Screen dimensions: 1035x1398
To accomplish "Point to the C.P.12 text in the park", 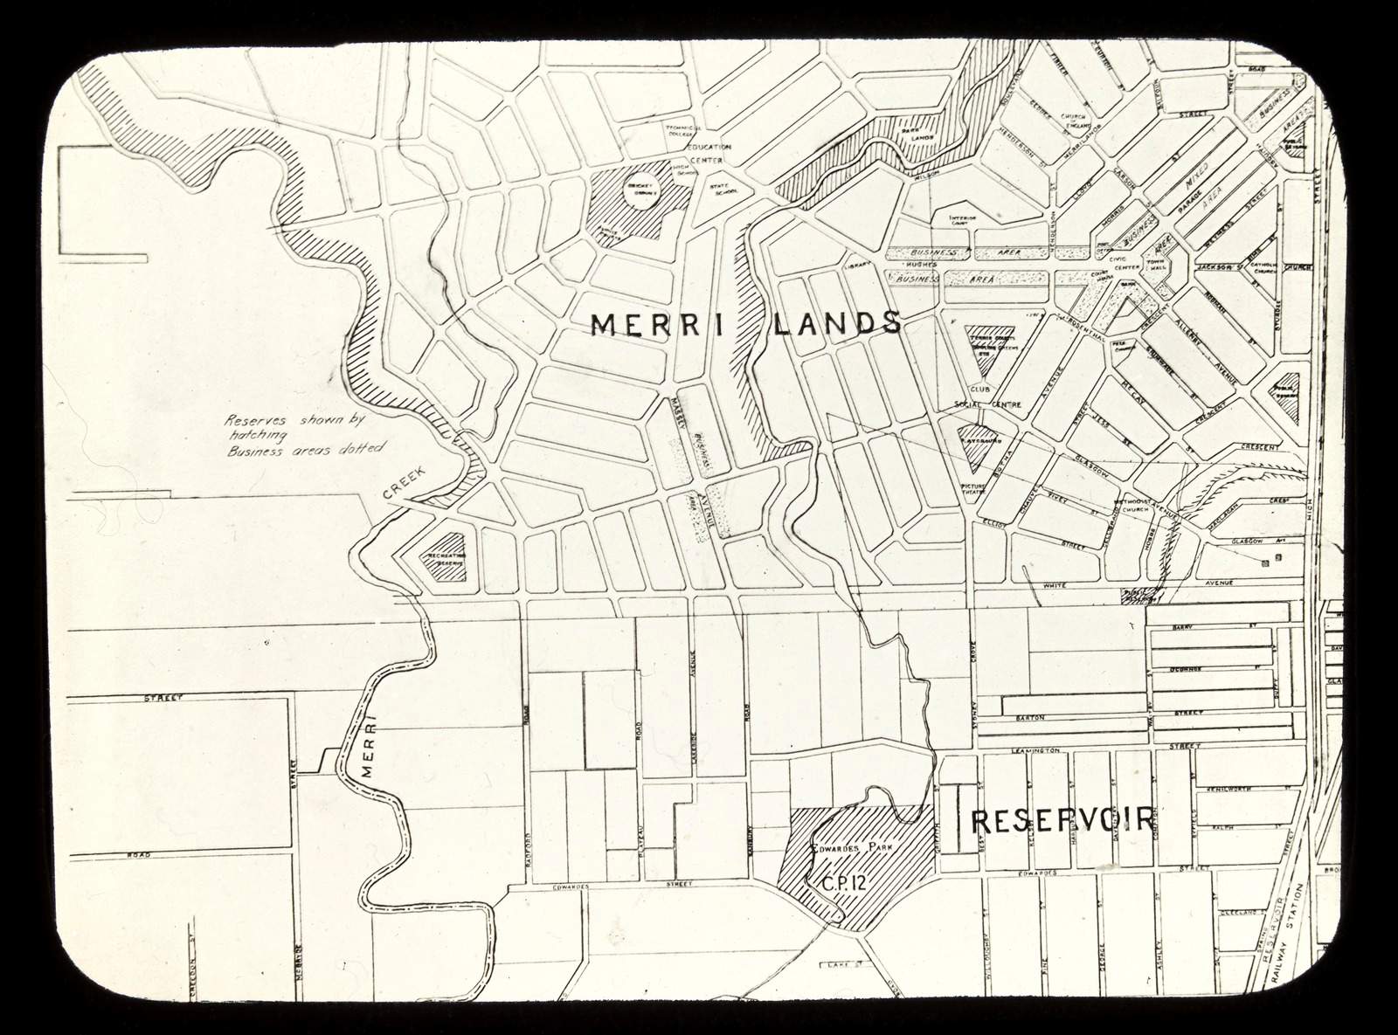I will coord(843,883).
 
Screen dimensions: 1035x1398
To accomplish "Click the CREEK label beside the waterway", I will coord(404,482).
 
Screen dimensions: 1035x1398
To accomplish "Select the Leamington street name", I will coord(1035,750).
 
